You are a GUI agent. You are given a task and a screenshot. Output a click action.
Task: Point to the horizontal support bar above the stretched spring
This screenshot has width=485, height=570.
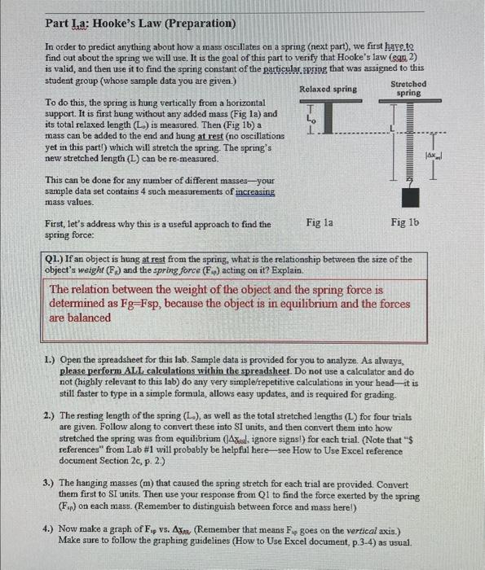coord(410,102)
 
